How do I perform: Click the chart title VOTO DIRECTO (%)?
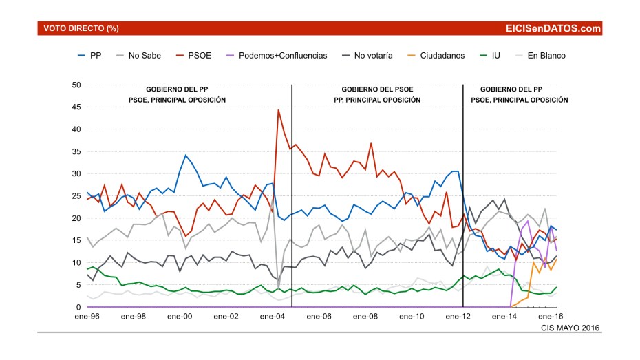81,28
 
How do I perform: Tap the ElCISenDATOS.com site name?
553,28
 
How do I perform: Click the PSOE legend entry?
194,55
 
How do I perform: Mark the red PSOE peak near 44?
279,110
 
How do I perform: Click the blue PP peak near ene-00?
186,156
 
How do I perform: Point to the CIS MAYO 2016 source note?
571,328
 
